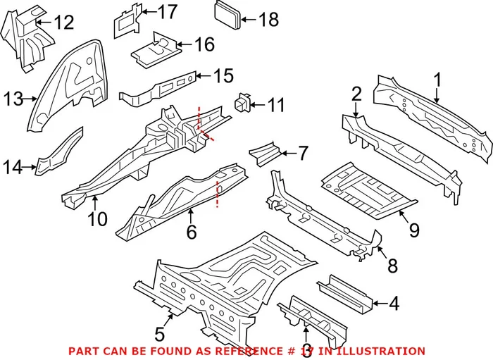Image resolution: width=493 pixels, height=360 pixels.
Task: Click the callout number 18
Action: [269, 19]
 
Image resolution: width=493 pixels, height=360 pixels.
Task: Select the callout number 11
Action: [276, 106]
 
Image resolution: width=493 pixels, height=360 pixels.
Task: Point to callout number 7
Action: [303, 152]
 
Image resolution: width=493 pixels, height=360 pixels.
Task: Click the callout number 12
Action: [63, 23]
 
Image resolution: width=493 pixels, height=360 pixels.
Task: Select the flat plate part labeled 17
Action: [127, 22]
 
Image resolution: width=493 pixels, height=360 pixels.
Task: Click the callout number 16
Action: [204, 45]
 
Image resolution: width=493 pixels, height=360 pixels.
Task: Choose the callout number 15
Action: [223, 75]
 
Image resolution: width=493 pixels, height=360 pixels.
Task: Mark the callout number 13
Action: [13, 98]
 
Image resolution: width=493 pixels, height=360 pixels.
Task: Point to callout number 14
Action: [13, 167]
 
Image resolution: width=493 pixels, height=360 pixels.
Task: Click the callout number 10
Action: [98, 219]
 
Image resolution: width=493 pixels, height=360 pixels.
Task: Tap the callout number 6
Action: [190, 232]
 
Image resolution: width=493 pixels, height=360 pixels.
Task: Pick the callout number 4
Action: [394, 304]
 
